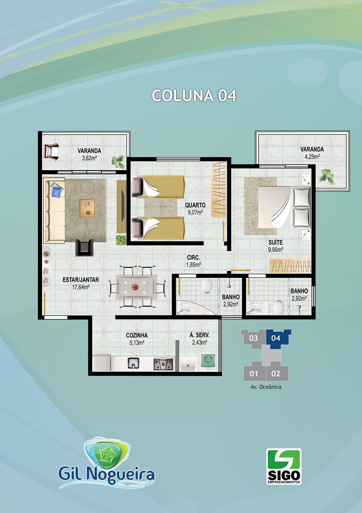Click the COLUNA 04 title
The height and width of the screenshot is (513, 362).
[194, 96]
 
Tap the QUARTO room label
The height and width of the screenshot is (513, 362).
[195, 205]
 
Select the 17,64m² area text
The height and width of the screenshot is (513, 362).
[81, 287]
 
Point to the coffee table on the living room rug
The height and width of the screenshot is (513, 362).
[87, 208]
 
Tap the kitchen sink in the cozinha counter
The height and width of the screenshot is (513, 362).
[133, 363]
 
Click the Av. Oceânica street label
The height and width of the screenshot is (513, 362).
[266, 387]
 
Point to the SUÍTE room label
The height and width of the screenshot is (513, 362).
[275, 242]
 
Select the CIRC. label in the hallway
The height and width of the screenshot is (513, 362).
[193, 258]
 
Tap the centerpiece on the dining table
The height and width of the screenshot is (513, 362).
[135, 287]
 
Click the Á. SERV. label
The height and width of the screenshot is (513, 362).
[199, 335]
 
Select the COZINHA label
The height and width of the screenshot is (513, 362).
[137, 336]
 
